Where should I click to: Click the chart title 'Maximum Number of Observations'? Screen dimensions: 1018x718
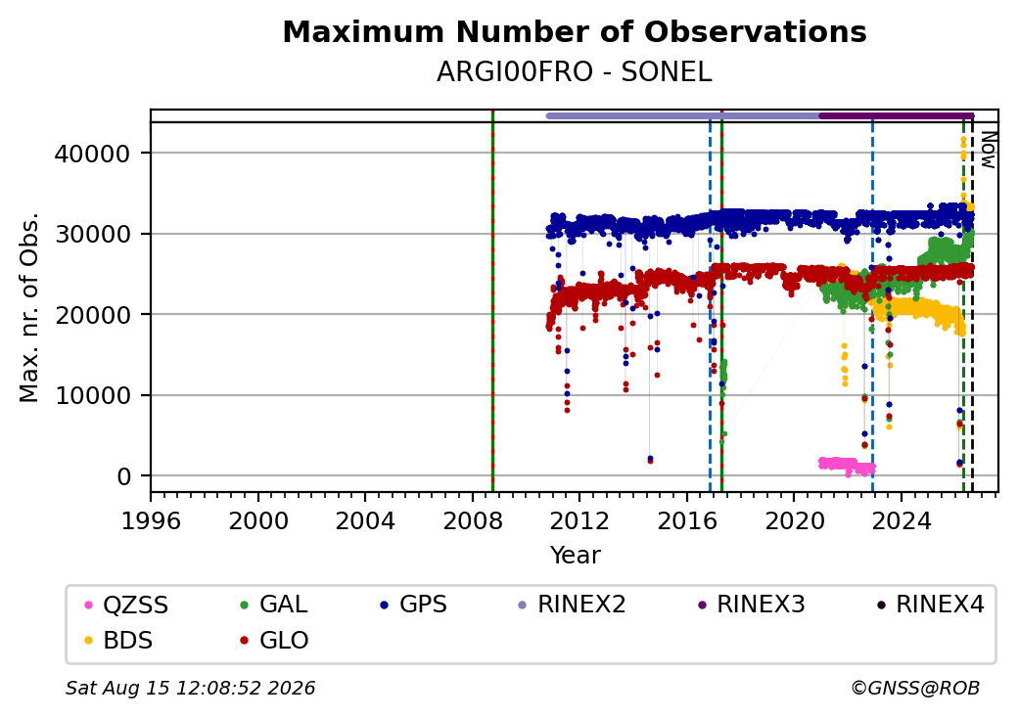point(575,31)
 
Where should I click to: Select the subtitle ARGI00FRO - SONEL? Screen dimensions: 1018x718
point(575,72)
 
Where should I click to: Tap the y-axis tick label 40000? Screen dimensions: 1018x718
point(92,154)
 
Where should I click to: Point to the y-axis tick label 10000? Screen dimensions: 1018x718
point(92,395)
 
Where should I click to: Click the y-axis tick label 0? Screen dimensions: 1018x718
point(124,476)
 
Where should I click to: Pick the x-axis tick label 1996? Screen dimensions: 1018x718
point(151,520)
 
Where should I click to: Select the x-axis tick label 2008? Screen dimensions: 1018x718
point(473,520)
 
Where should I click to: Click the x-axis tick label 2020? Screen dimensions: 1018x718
point(794,520)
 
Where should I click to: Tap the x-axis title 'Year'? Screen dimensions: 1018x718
point(575,556)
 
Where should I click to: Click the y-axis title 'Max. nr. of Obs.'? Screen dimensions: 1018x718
point(29,307)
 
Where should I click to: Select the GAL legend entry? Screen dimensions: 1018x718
point(274,605)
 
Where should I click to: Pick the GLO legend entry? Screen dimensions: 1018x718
point(274,641)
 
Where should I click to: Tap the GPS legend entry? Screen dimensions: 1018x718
point(413,605)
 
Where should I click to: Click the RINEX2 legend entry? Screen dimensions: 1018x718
point(572,605)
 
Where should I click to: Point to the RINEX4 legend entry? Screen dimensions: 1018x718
point(930,605)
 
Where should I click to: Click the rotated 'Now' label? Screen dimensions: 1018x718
point(988,150)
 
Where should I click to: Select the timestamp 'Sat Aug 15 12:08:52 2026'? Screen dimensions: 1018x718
point(190,688)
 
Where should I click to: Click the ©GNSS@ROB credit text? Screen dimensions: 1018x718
point(915,688)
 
